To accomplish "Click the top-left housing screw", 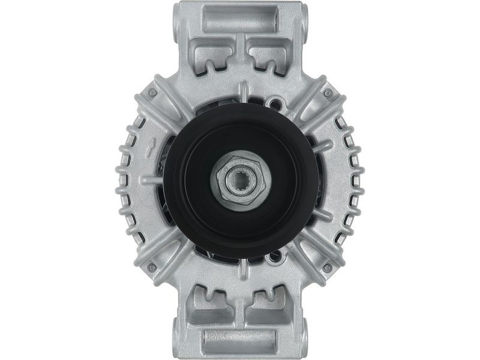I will pyautogui.click(x=152, y=93).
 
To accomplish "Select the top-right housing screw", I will pyautogui.click(x=328, y=93).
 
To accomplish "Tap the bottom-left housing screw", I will pyautogui.click(x=152, y=267).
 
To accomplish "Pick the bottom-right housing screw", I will pyautogui.click(x=328, y=267).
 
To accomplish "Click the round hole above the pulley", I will pyautogui.click(x=275, y=104).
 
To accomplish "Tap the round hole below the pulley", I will pyautogui.click(x=275, y=256).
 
